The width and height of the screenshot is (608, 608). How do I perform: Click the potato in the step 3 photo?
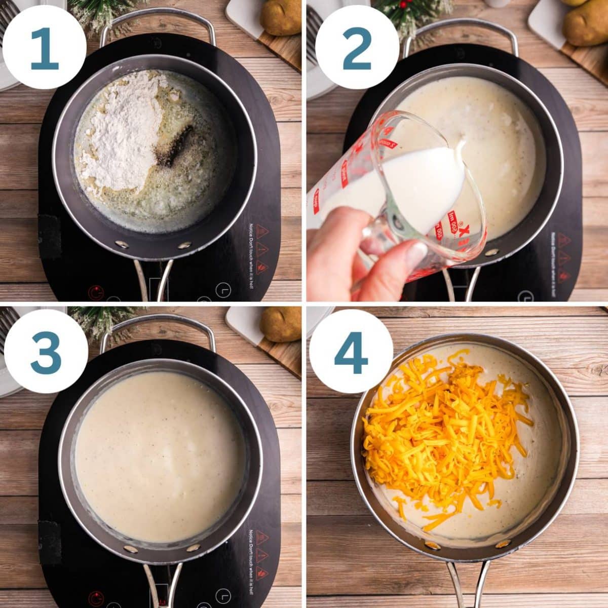[280, 324]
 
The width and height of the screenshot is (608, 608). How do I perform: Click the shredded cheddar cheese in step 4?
[441, 431]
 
